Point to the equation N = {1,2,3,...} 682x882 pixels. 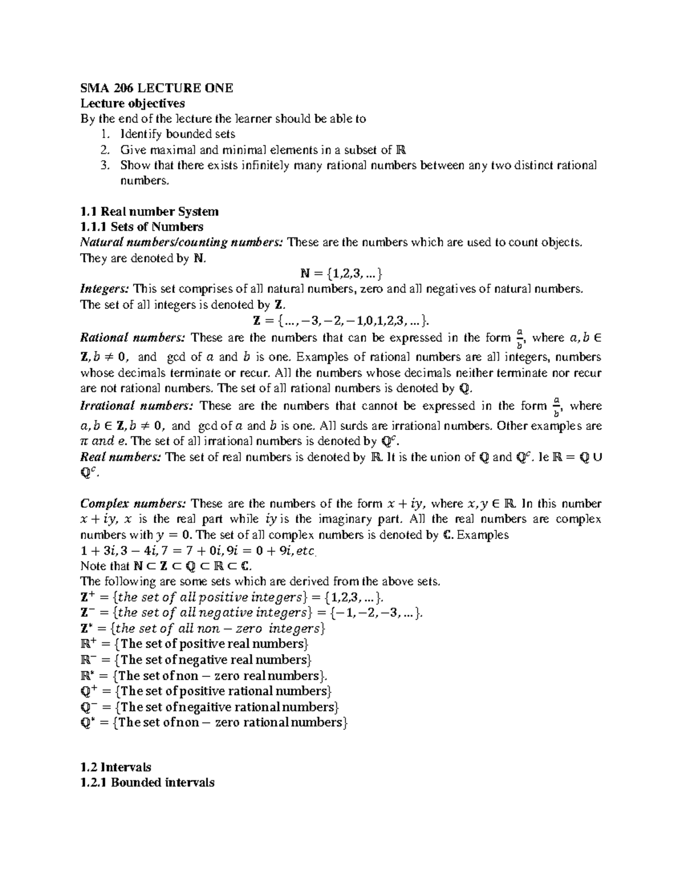(x=341, y=274)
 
